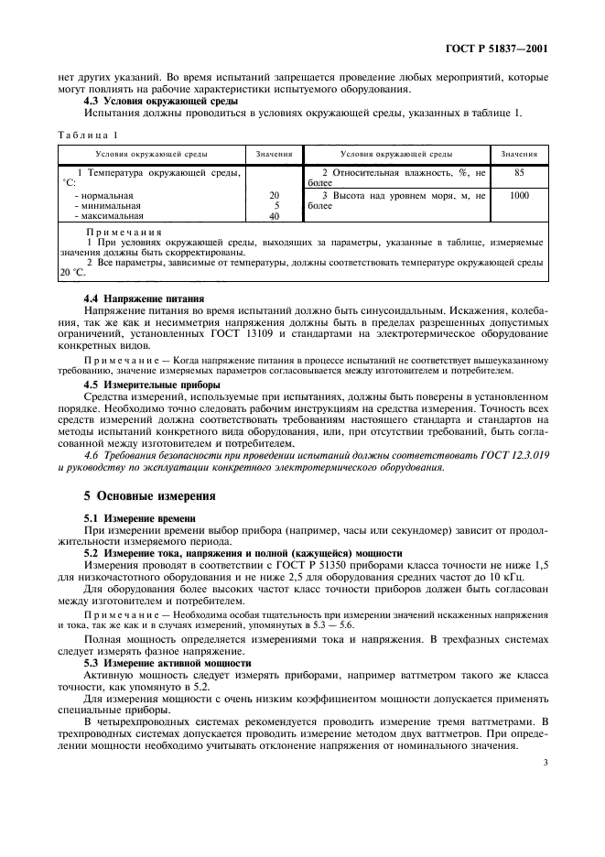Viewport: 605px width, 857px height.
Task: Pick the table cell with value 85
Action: pyautogui.click(x=519, y=171)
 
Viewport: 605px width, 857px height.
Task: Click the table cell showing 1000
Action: pyautogui.click(x=519, y=195)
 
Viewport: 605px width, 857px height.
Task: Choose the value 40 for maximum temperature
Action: pyautogui.click(x=274, y=217)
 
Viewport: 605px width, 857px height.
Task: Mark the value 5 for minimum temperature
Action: pyautogui.click(x=275, y=206)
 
